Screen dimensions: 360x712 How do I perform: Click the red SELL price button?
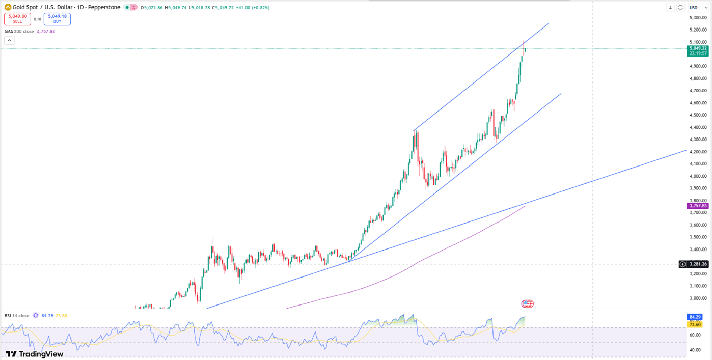(17, 19)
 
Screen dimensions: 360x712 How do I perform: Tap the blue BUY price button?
(57, 19)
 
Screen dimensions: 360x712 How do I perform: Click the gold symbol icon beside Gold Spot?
(8, 8)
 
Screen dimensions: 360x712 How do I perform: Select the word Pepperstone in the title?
(104, 8)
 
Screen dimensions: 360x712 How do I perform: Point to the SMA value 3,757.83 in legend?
(46, 32)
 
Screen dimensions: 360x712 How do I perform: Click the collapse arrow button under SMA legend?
(10, 41)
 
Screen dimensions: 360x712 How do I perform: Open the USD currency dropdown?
(696, 8)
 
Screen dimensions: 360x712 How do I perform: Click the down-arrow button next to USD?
(670, 8)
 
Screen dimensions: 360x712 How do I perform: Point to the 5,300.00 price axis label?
(697, 17)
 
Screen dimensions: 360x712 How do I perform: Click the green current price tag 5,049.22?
(697, 48)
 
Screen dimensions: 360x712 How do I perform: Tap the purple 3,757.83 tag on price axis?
(697, 206)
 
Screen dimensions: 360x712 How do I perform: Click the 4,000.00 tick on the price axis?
(697, 176)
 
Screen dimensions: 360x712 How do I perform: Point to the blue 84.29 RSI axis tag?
(695, 317)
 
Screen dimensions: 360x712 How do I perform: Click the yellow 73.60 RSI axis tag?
(695, 324)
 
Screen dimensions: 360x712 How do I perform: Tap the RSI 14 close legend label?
(17, 316)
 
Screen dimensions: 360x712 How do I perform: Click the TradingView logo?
(35, 354)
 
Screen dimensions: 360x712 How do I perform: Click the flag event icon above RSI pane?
(528, 304)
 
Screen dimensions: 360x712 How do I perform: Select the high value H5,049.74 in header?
(176, 8)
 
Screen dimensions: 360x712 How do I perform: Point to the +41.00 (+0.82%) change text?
(253, 8)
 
